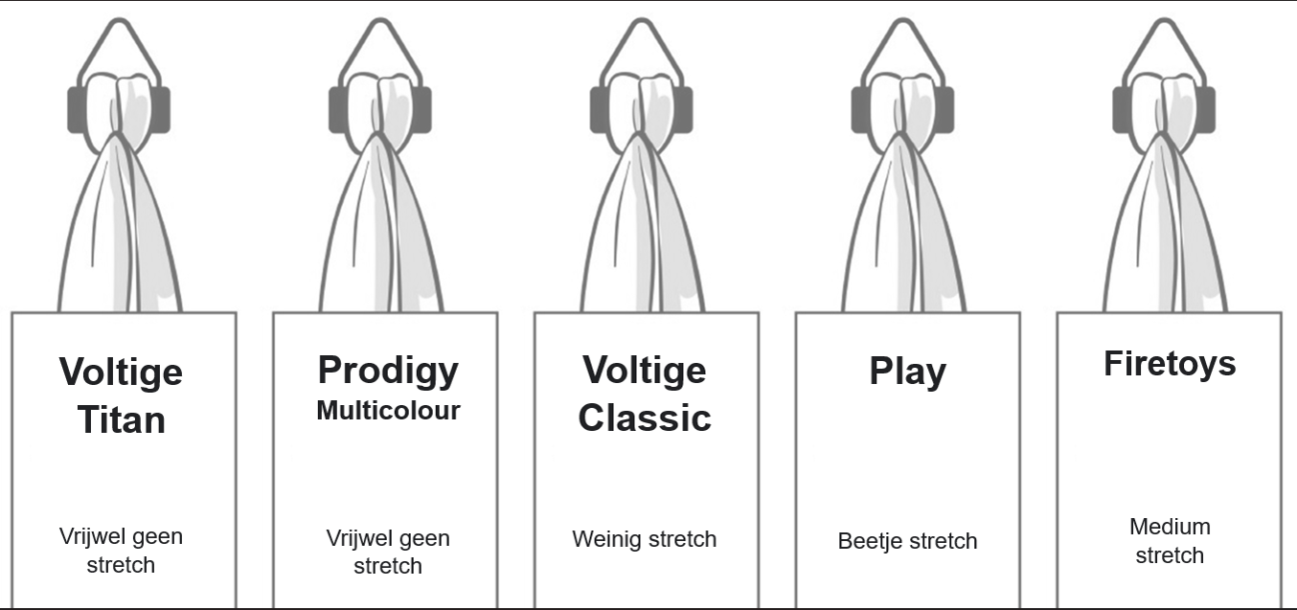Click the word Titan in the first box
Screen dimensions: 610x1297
coord(121,419)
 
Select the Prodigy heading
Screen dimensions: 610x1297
coord(388,370)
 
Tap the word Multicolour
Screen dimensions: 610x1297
coord(388,411)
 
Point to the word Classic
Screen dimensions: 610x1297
coord(645,418)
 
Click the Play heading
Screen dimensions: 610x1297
coord(907,372)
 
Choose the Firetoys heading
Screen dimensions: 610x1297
coord(1170,364)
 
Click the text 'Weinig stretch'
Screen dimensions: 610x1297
coord(645,539)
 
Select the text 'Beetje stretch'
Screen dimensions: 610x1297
coord(907,541)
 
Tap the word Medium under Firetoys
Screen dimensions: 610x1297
coord(1170,527)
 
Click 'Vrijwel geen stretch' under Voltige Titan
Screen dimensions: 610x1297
coord(121,551)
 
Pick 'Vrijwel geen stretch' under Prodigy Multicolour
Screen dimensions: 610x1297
coord(388,552)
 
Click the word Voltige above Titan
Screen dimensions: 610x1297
coord(121,371)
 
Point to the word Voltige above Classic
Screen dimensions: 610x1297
coord(645,370)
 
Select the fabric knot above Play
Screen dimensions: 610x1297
coord(901,105)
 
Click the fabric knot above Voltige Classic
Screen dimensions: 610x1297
coord(641,105)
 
